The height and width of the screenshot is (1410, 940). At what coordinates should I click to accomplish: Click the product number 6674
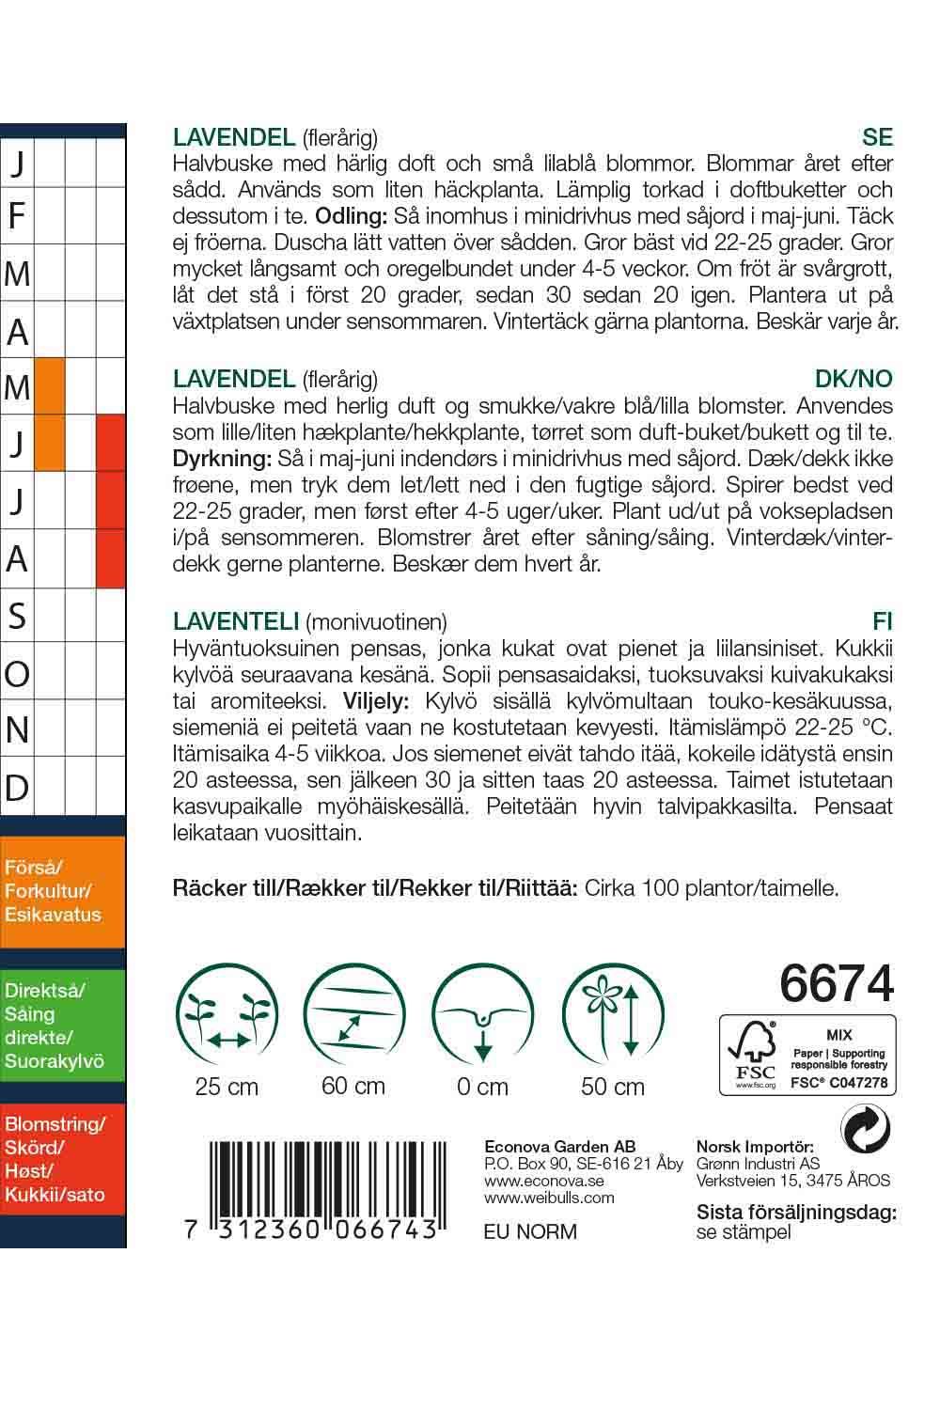pos(836,984)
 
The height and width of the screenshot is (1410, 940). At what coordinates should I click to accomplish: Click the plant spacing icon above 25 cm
pos(227,1017)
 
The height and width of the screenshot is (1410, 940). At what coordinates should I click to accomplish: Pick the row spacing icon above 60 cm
pos(353,1017)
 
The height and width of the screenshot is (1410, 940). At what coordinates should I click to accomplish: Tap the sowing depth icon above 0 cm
pos(482,1017)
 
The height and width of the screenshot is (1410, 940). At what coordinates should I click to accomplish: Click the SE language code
pos(876,137)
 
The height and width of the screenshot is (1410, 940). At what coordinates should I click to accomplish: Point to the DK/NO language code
pos(854,379)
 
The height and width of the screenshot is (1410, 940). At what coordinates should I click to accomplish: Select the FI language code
pos(882,621)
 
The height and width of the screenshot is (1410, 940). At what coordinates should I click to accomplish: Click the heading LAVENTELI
pos(236,621)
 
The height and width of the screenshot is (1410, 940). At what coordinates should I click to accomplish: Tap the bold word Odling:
pos(352,216)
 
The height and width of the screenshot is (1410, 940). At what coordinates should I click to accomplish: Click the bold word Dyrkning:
pos(221,459)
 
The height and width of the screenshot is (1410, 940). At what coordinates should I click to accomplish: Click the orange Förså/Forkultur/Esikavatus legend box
pos(63,891)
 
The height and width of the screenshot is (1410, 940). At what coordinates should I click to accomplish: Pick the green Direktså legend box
pos(63,1026)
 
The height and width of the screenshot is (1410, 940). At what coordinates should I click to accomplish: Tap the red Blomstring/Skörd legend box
pos(63,1160)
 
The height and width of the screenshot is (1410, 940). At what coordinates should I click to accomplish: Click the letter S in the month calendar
pos(17,617)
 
